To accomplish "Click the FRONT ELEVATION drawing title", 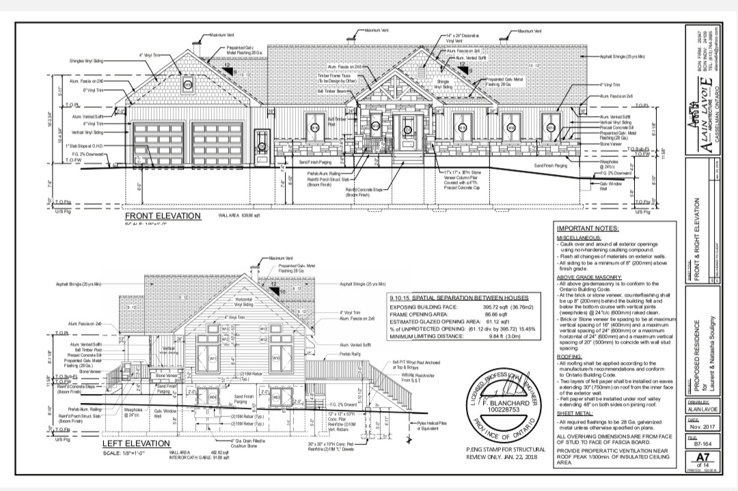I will [163, 216].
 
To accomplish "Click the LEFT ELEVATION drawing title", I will [135, 443].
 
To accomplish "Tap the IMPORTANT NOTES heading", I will [587, 228].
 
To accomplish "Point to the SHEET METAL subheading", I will [574, 413].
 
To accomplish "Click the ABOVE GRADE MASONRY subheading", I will [588, 277].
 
